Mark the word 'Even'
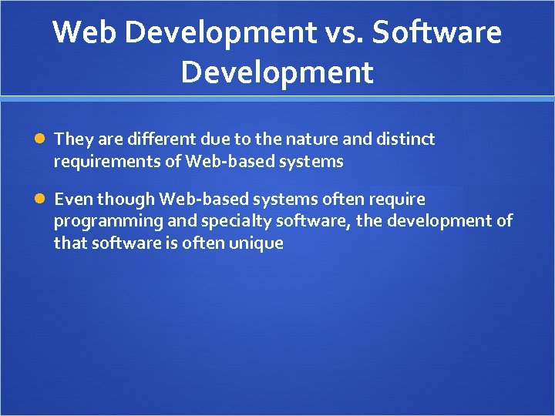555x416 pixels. [72, 200]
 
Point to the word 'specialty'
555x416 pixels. [203, 222]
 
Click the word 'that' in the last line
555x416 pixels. [67, 243]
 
